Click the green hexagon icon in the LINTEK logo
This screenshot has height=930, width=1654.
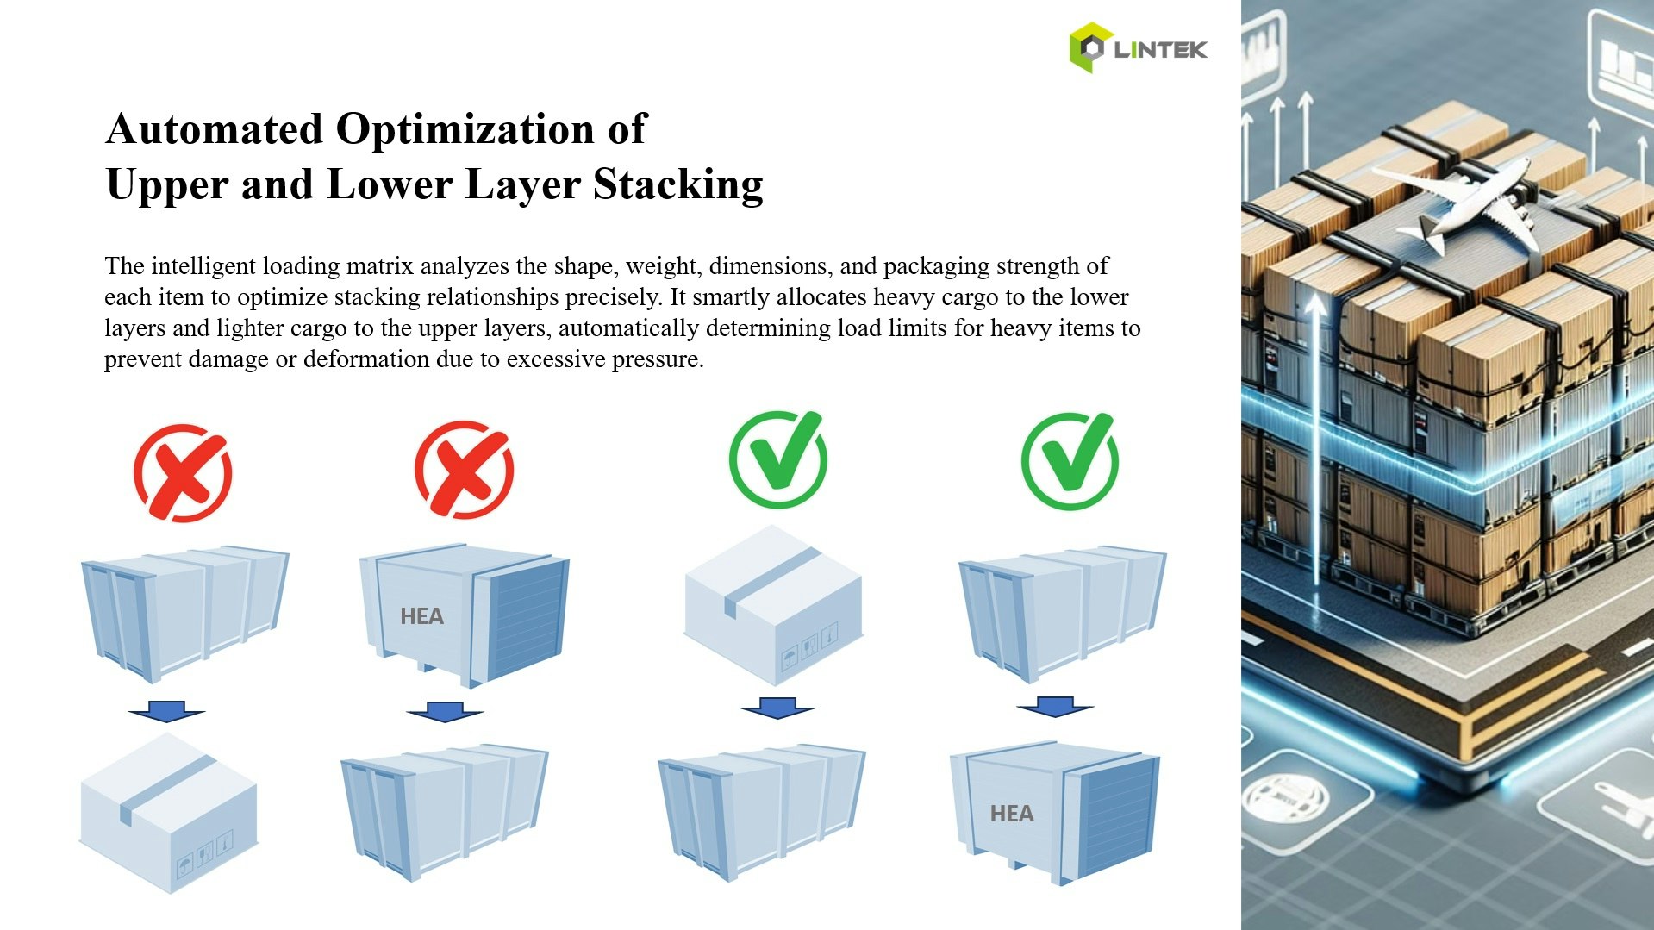point(1089,47)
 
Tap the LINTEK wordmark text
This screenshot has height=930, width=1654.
point(1160,50)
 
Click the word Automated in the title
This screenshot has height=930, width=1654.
point(214,129)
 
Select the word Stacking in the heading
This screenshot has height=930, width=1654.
point(677,184)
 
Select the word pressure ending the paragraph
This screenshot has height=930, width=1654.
point(659,359)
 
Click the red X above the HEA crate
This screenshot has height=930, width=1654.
point(464,470)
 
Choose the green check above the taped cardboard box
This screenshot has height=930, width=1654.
point(777,460)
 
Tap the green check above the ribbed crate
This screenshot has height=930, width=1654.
point(1070,460)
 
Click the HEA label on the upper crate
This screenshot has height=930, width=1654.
point(421,616)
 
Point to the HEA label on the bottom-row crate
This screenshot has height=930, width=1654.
point(1011,814)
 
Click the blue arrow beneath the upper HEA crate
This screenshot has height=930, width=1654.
point(444,712)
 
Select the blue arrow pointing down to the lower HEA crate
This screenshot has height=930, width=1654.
point(1055,707)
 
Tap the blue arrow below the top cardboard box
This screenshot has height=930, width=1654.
point(777,708)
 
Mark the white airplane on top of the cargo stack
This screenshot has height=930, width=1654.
point(1465,203)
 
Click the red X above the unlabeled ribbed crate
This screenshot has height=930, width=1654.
point(183,472)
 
